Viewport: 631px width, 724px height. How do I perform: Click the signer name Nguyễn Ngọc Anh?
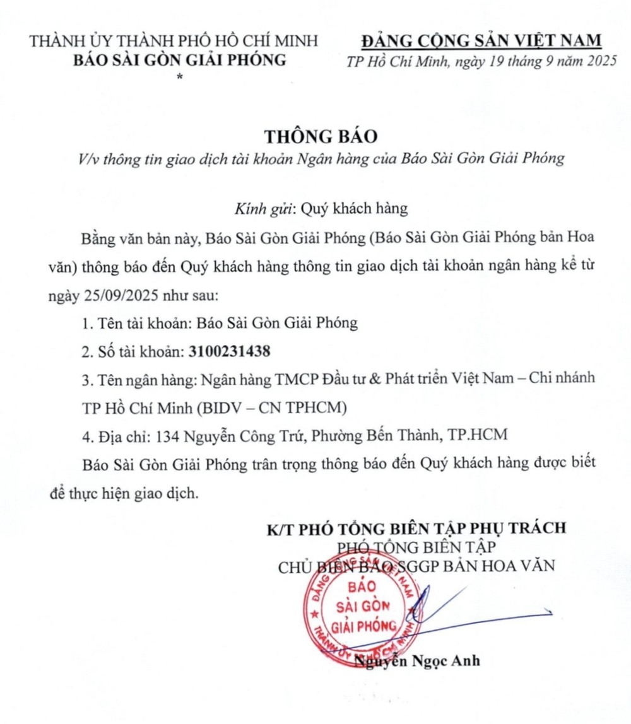tap(417, 661)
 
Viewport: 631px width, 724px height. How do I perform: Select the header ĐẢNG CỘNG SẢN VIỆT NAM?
tap(481, 41)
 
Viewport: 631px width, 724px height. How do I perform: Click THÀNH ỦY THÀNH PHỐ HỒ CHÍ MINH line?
tap(174, 42)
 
